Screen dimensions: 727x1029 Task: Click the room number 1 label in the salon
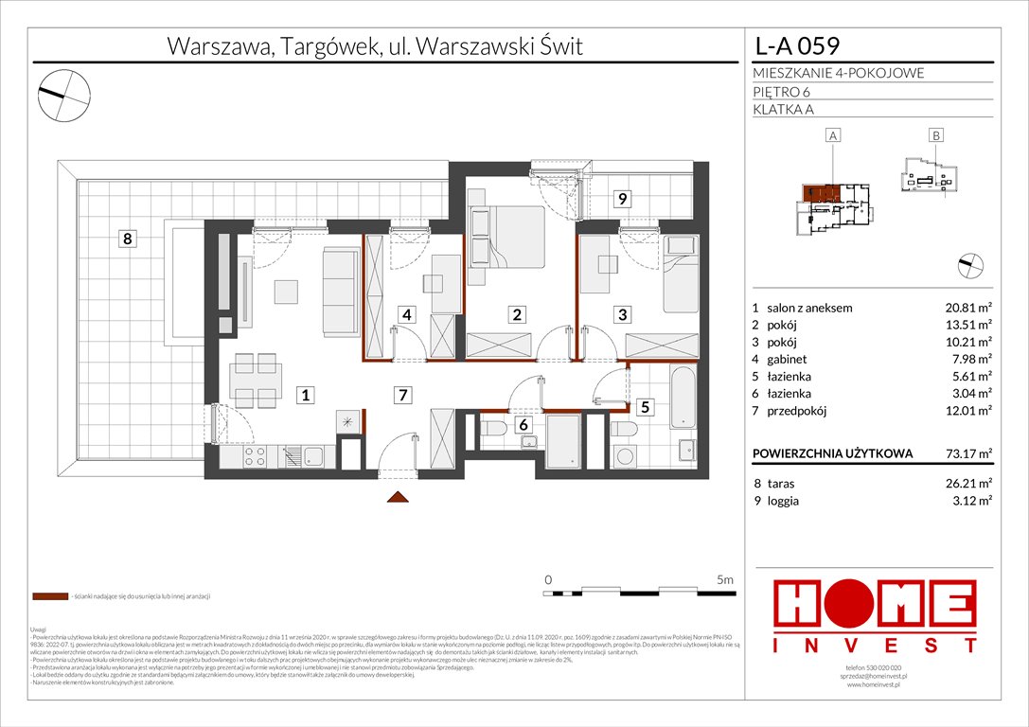coord(305,397)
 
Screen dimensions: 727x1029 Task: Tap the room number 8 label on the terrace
coord(127,239)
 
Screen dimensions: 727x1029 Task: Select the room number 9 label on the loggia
coord(622,199)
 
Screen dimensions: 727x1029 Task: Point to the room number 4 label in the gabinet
coord(405,314)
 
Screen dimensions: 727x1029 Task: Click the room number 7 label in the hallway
coord(403,396)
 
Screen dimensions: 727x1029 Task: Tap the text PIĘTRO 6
coord(783,92)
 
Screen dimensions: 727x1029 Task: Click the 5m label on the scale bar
coord(725,579)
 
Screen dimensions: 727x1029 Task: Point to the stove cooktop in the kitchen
coord(255,458)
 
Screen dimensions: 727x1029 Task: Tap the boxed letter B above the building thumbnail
coord(935,136)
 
